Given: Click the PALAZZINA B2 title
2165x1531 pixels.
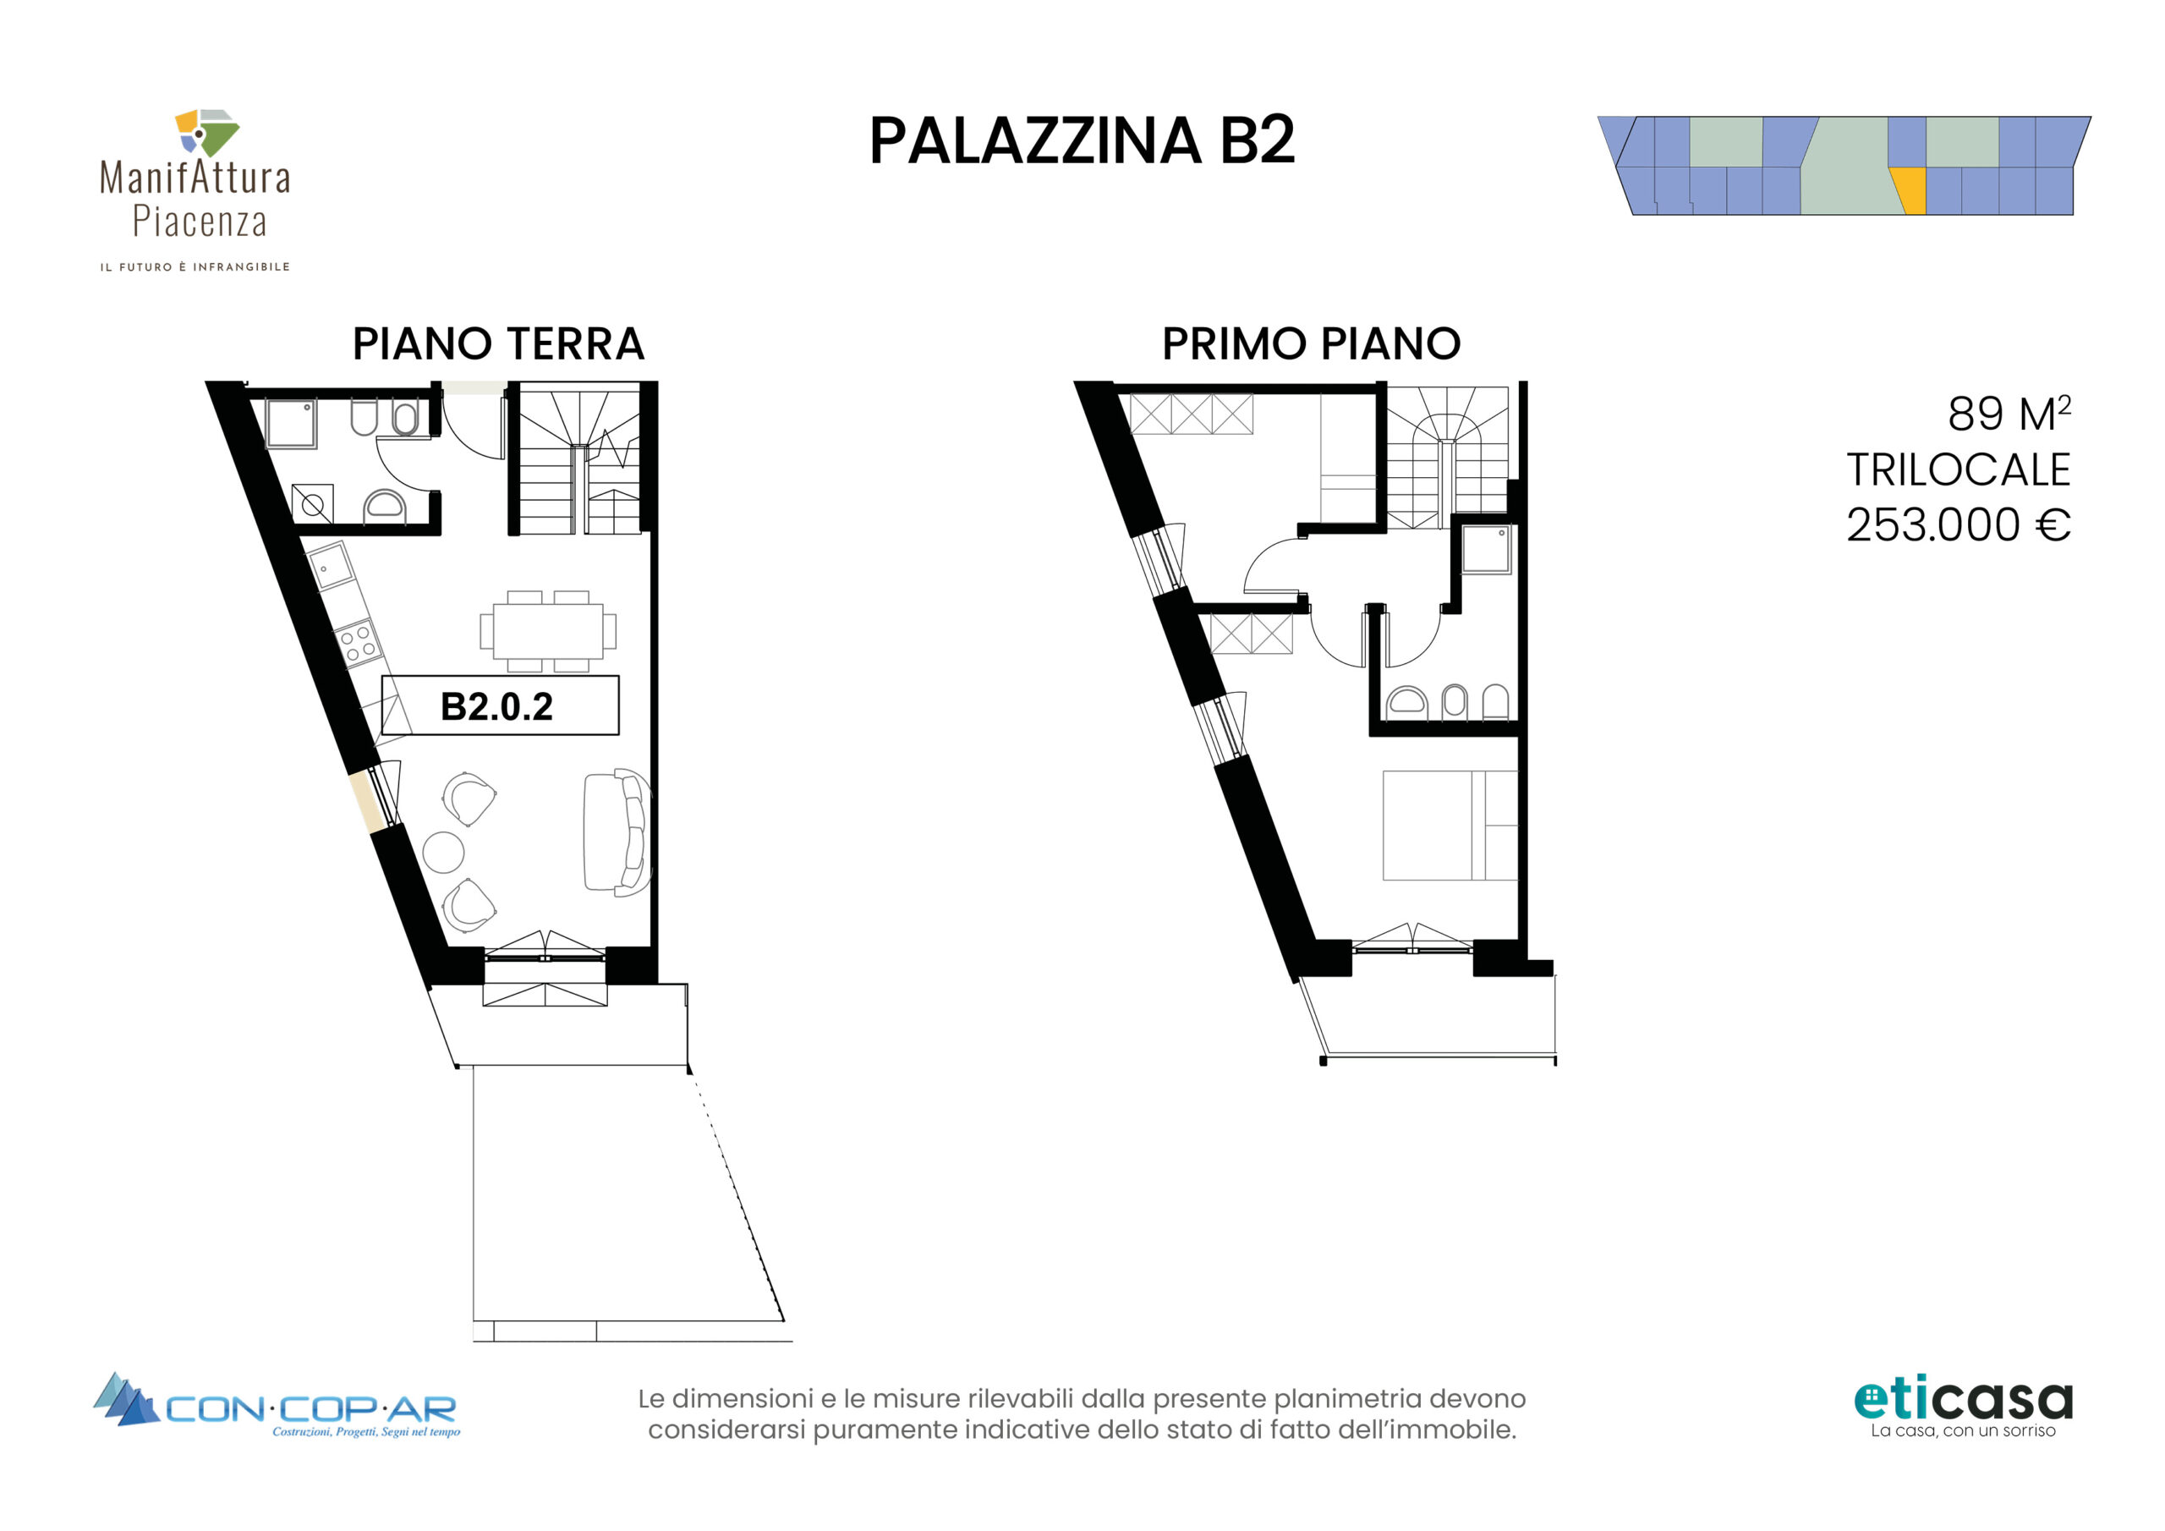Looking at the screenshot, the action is pyautogui.click(x=1082, y=141).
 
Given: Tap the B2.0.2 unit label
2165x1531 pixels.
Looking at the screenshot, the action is pyautogui.click(x=497, y=706).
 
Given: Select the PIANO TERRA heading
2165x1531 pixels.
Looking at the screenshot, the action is pyautogui.click(x=498, y=343).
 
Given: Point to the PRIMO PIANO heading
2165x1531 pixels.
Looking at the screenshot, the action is pyautogui.click(x=1311, y=343).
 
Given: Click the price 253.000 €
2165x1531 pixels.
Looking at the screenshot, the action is pyautogui.click(x=1959, y=524).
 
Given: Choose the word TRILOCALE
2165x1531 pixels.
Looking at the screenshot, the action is pyautogui.click(x=1959, y=469).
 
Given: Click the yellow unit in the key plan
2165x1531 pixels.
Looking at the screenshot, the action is pyautogui.click(x=1909, y=190).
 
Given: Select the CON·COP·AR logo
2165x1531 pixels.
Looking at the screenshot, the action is pyautogui.click(x=277, y=1406).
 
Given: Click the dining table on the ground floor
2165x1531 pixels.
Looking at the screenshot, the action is pyautogui.click(x=548, y=631).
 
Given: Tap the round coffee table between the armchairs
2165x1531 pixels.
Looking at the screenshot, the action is pyautogui.click(x=443, y=852).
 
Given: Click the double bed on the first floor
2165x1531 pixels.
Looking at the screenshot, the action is pyautogui.click(x=1450, y=826).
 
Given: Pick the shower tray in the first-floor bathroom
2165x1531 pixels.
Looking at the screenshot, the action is pyautogui.click(x=1486, y=550).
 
